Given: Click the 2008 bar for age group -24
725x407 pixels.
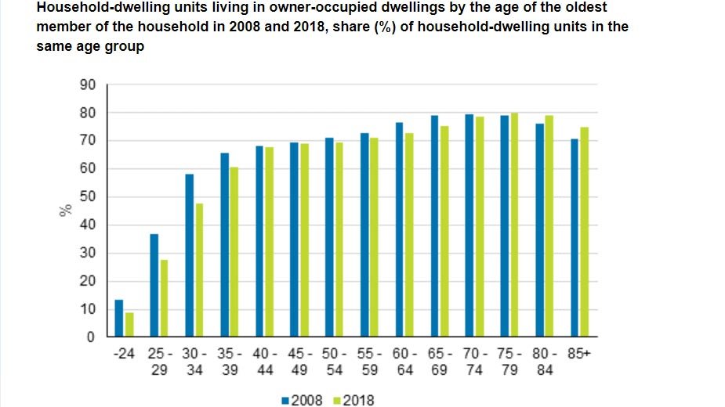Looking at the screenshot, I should pos(119,319).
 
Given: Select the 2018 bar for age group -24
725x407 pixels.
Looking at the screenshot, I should pos(129,325).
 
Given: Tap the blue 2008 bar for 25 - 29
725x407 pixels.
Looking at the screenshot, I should pos(154,286).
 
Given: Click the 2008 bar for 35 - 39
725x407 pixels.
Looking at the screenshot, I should pos(225,245).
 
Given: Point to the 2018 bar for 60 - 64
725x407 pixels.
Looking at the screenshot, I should pos(409,235).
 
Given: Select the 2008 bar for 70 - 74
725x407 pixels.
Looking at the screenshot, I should pos(469,225).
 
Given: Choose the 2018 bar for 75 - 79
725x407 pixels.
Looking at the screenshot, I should pos(514,225).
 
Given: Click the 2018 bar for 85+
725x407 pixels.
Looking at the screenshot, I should pos(584,232).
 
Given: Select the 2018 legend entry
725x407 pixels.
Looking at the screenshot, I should pos(353,401).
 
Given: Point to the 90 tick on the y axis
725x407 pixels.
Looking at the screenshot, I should pos(87,85).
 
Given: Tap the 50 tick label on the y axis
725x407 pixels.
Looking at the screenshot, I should pos(87,197).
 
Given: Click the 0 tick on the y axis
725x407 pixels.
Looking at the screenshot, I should pos(91,337).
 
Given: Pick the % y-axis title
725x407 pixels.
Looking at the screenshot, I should pos(66,210).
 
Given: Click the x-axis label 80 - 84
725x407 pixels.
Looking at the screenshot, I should pos(546,361).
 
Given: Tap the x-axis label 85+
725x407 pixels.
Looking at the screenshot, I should pos(580,354).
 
